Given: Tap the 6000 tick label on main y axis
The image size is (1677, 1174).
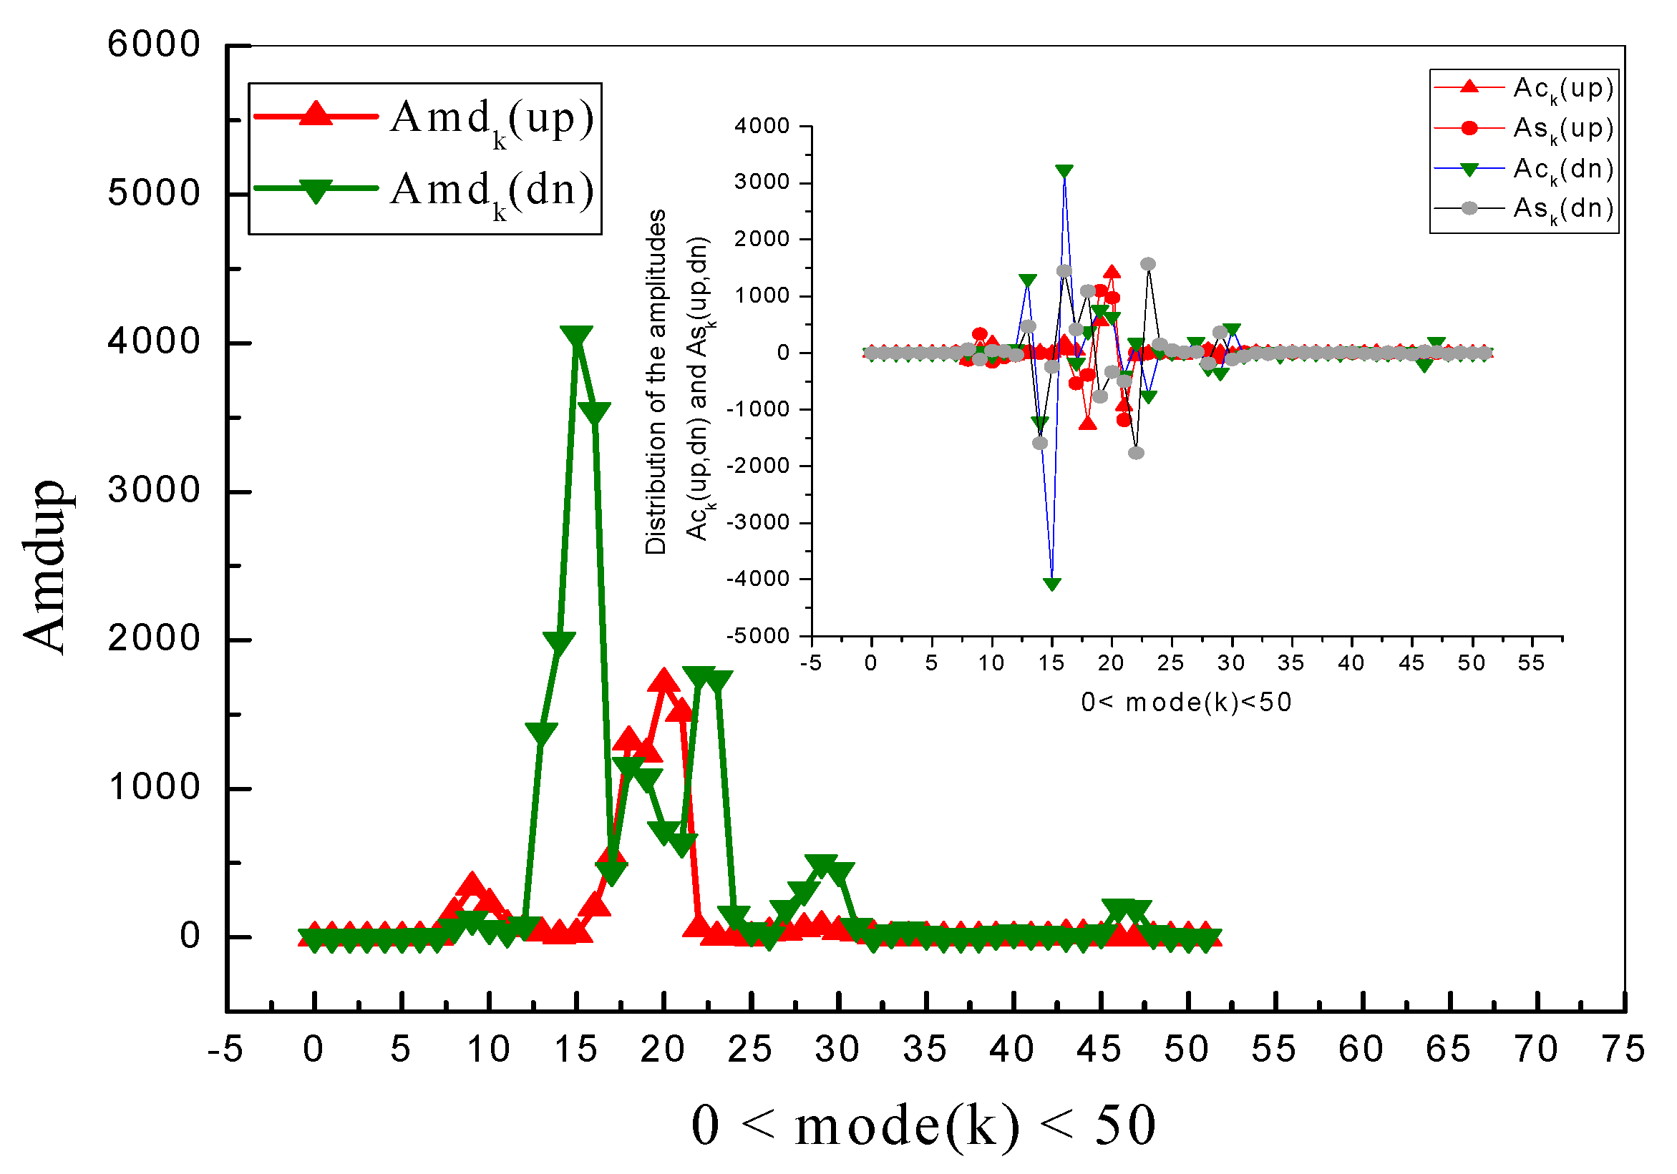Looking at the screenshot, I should pos(153,44).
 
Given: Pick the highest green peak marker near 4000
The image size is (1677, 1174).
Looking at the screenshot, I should pos(576,337).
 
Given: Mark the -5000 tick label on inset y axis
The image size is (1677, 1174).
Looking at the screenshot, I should pos(758,636).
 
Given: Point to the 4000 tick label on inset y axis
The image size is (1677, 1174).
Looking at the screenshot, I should pos(762,126).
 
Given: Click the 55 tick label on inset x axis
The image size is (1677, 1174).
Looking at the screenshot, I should pos(1531,663).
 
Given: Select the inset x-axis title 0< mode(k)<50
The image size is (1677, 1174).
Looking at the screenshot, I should pos(1186,703).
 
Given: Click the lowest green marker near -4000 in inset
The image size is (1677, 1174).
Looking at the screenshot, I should pos(1051,583).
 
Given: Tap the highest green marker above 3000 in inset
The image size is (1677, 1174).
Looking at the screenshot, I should pos(1064,171).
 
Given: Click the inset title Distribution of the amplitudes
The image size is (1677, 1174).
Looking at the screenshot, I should pos(655,382).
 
